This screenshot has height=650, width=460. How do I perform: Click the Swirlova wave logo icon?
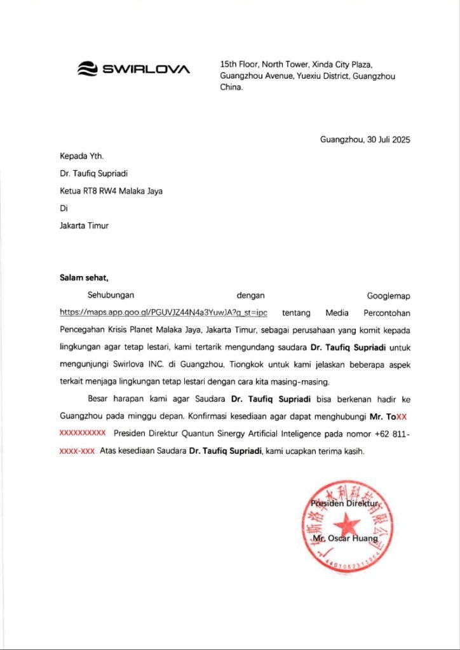coord(87,69)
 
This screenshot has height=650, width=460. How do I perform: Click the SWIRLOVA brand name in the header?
coord(146,69)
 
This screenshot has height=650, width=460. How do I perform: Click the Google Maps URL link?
coord(163,312)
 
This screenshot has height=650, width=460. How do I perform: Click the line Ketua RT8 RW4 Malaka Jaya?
coord(111,190)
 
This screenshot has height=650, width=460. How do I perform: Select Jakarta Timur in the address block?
coord(84,225)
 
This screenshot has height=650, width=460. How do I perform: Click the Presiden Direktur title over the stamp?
coord(344,503)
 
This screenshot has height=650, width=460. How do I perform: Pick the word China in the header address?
coord(231,88)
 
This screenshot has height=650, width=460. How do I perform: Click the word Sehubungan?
coord(111,295)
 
